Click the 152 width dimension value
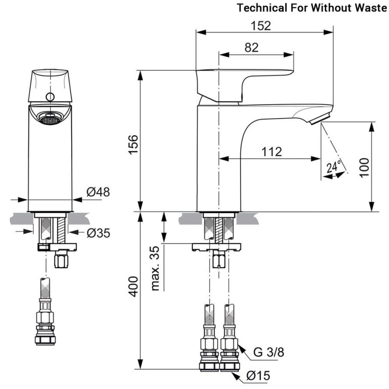pos(261,26)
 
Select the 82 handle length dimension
pos(252,47)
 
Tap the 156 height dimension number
pos(133,144)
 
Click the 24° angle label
pos(333,167)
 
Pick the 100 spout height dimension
pos(364,167)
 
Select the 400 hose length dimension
pos(133,287)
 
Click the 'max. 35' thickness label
pos(156,268)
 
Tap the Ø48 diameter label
pos(98,192)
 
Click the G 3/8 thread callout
pos(269,353)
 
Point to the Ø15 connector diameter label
pos(258,376)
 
